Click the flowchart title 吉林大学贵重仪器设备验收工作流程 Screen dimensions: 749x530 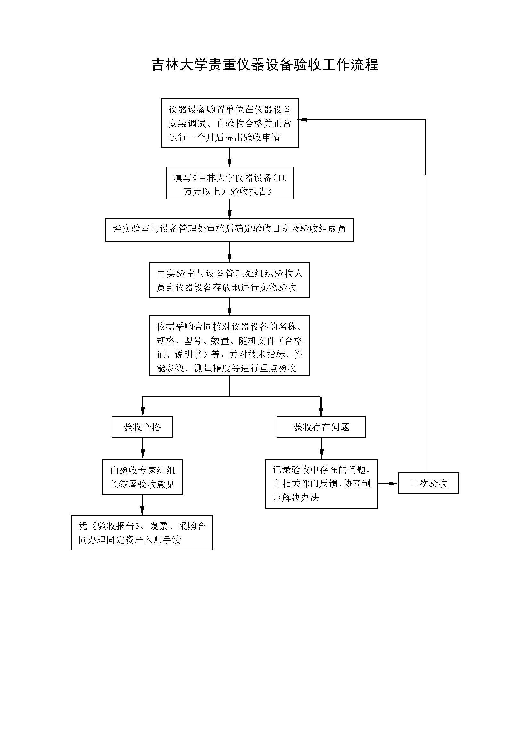coord(265,65)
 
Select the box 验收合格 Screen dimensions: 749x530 coord(142,427)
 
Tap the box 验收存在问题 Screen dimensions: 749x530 coord(321,427)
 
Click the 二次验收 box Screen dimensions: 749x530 coord(428,483)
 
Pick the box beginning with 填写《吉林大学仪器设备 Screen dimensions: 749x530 coord(230,183)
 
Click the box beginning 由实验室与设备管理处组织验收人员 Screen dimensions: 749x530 coord(229,280)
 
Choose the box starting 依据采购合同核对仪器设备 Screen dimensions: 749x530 coord(229,346)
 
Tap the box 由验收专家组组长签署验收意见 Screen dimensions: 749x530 coord(142,477)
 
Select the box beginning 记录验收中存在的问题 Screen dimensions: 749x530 coord(321,484)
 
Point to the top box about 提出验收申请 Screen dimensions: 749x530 coord(230,123)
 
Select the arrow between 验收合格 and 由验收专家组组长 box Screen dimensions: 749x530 coord(143,449)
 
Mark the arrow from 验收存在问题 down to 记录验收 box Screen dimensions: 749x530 coord(322,448)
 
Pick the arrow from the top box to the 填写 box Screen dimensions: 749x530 coord(229,157)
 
